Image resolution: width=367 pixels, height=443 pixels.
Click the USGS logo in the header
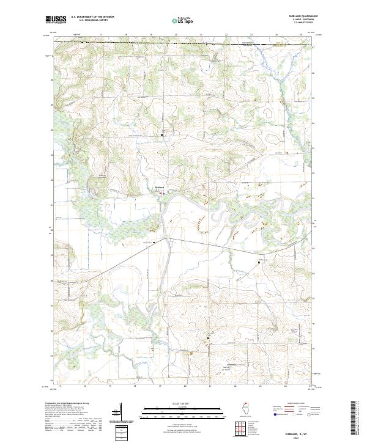point(56,20)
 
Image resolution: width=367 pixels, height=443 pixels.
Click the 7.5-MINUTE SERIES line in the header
point(303,23)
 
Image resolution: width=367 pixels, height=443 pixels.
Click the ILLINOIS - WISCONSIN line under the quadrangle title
point(303,20)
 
